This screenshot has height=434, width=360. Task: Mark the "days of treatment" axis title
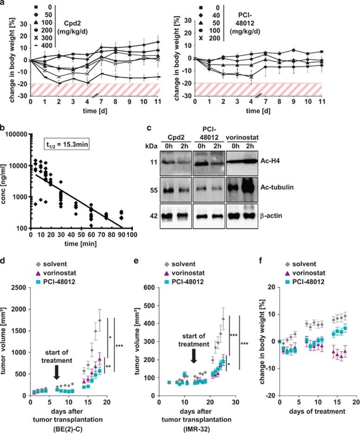coord(314,411)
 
